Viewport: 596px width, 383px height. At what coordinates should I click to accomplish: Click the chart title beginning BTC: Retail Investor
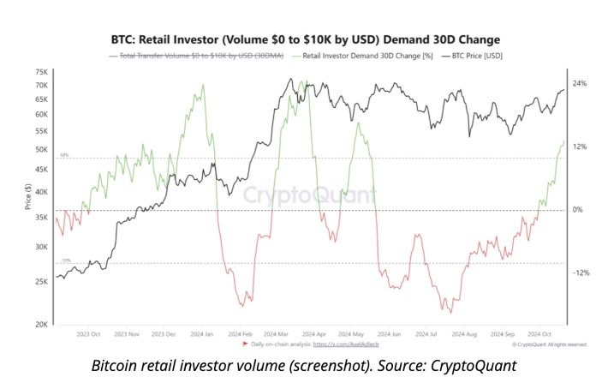coord(305,39)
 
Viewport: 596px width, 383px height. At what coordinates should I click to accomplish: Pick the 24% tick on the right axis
coord(579,83)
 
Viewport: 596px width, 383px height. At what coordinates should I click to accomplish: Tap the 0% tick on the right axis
coord(577,210)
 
